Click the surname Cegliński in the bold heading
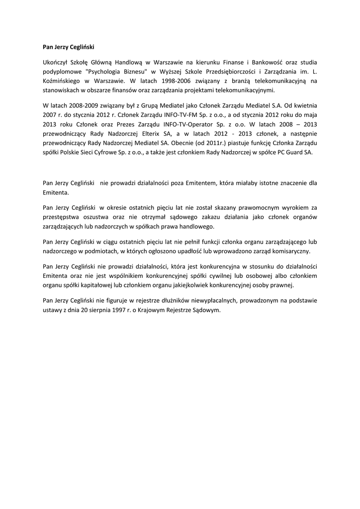tap(80, 47)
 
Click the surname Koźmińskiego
tap(63, 81)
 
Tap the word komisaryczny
tap(288, 251)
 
